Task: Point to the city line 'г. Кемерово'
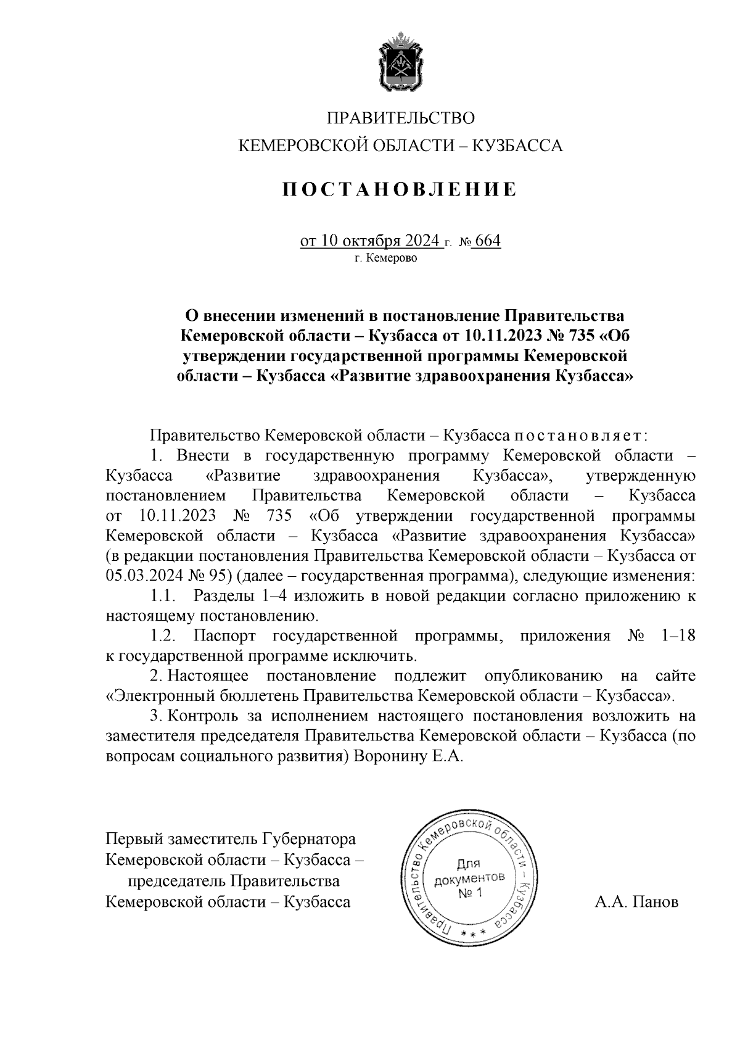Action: pos(385,259)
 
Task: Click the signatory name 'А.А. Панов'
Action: pos(636,902)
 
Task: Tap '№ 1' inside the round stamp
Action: pos(472,893)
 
